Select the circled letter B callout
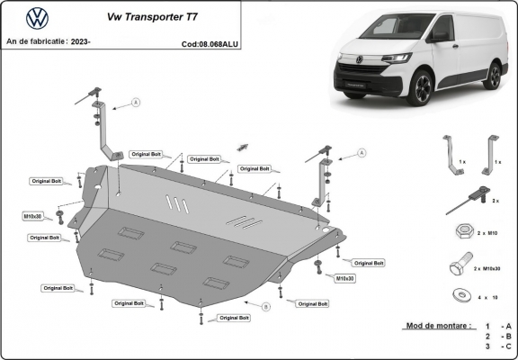tap(265, 307)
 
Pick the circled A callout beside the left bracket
tap(137, 103)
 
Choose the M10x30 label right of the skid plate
tap(345, 279)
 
